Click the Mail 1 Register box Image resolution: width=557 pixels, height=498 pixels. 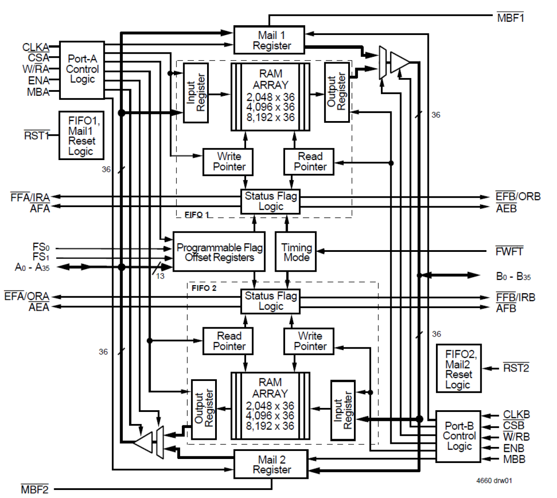(269, 40)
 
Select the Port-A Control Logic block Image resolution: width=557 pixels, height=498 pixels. (82, 70)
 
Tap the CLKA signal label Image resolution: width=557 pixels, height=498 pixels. (35, 47)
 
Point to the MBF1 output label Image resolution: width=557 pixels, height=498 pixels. (510, 18)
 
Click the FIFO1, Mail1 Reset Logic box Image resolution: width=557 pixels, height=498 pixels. (82, 135)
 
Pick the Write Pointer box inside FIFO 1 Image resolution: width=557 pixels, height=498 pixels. (228, 162)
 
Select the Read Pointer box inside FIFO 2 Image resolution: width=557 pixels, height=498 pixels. (228, 341)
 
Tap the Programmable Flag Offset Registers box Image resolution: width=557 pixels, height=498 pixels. (219, 252)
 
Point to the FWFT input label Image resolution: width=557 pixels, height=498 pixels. (509, 251)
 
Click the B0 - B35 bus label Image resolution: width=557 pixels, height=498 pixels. (513, 277)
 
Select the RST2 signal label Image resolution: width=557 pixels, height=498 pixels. (516, 368)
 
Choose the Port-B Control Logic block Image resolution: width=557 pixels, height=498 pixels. (459, 436)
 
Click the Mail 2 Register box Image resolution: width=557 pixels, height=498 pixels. (271, 464)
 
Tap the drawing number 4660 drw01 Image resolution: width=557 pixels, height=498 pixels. (494, 481)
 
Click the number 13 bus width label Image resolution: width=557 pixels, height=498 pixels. (160, 276)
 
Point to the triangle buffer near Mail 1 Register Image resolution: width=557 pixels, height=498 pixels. (399, 62)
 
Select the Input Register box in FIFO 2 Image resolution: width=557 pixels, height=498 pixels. (343, 410)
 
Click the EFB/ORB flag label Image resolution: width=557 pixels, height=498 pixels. (518, 196)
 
